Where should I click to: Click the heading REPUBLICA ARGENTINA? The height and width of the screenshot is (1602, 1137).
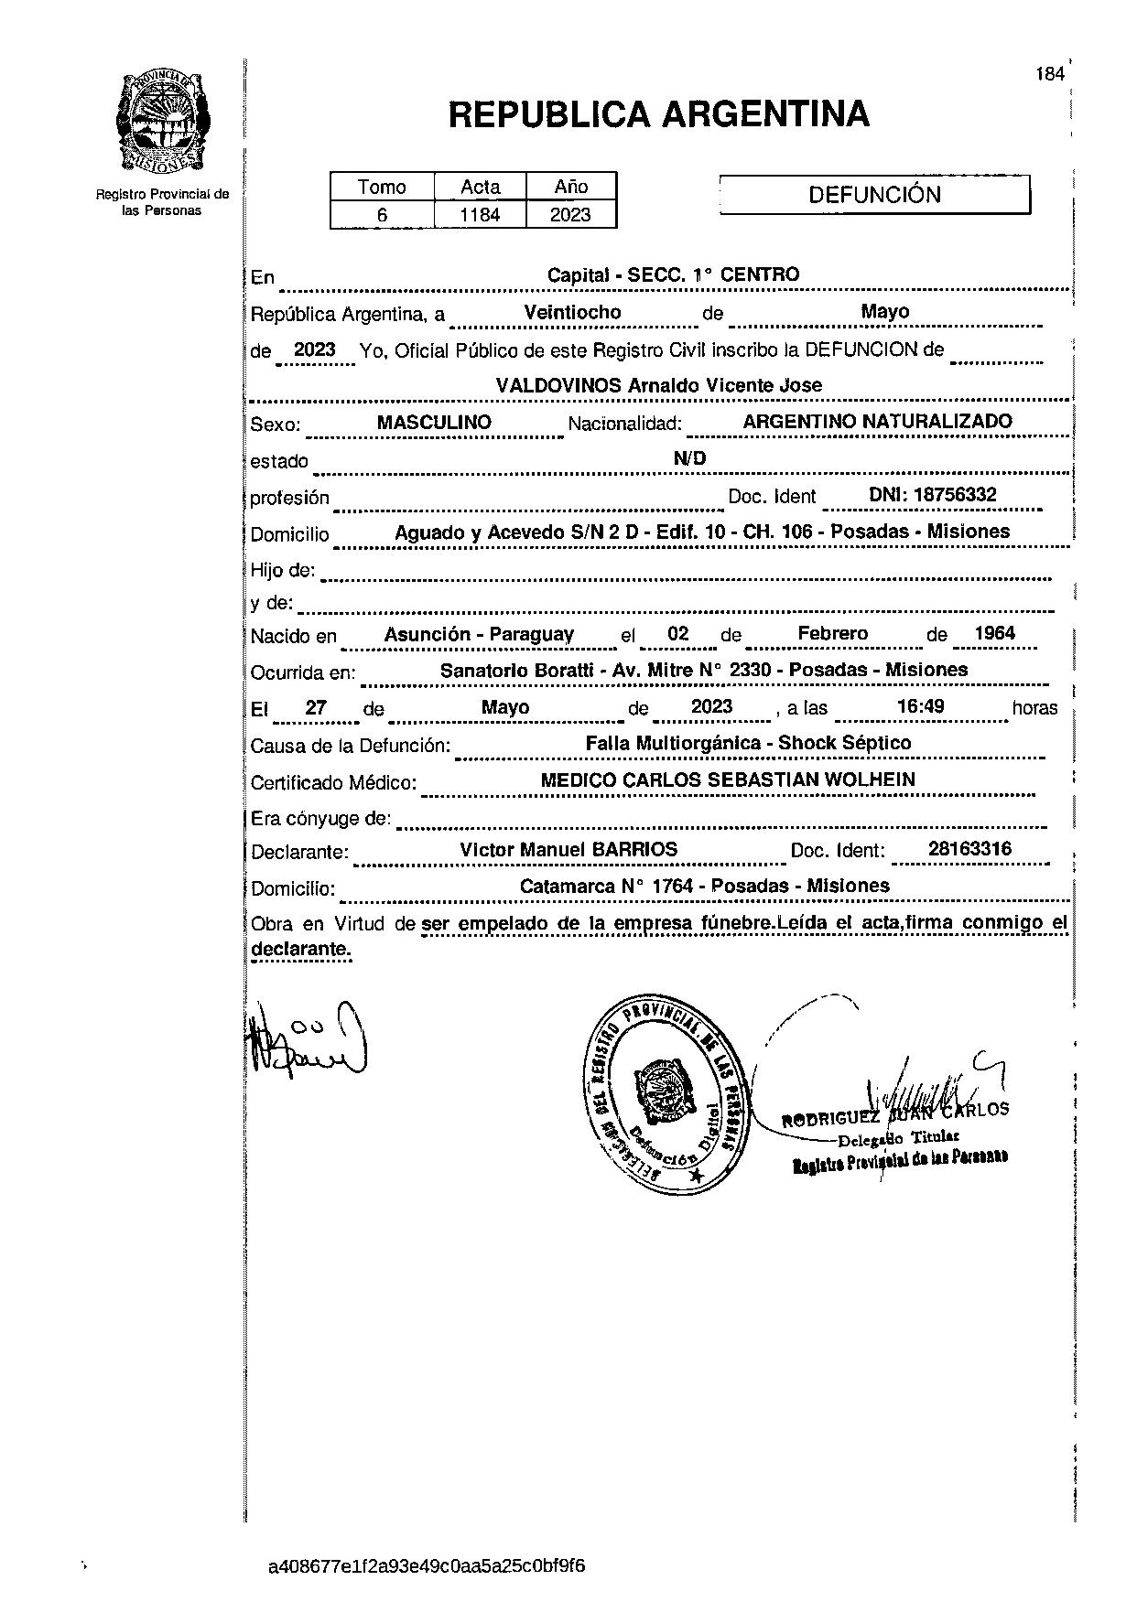pyautogui.click(x=658, y=114)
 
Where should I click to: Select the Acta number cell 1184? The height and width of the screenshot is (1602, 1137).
pyautogui.click(x=480, y=216)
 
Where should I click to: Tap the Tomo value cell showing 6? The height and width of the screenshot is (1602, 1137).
pyautogui.click(x=382, y=216)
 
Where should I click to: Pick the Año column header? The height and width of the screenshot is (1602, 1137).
pyautogui.click(x=570, y=187)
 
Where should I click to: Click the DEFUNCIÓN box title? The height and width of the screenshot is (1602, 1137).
pyautogui.click(x=874, y=195)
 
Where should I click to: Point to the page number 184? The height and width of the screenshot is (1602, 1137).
pyautogui.click(x=1050, y=74)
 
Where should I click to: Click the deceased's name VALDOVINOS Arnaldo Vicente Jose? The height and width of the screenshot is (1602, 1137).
pyautogui.click(x=658, y=385)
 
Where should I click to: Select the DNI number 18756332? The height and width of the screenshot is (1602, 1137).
pyautogui.click(x=933, y=495)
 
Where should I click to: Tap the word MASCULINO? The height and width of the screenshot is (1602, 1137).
pyautogui.click(x=434, y=422)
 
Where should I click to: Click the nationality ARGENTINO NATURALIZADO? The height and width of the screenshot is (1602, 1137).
pyautogui.click(x=877, y=422)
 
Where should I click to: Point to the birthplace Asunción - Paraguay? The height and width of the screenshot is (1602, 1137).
pyautogui.click(x=479, y=634)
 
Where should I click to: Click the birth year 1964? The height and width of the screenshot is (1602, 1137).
pyautogui.click(x=994, y=633)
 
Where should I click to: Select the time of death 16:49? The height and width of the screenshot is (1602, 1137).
pyautogui.click(x=921, y=706)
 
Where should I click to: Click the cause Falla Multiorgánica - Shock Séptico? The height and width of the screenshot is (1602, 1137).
pyautogui.click(x=748, y=743)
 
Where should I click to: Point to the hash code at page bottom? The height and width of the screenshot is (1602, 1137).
pyautogui.click(x=427, y=1565)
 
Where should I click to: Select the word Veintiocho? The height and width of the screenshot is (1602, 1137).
pyautogui.click(x=572, y=312)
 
